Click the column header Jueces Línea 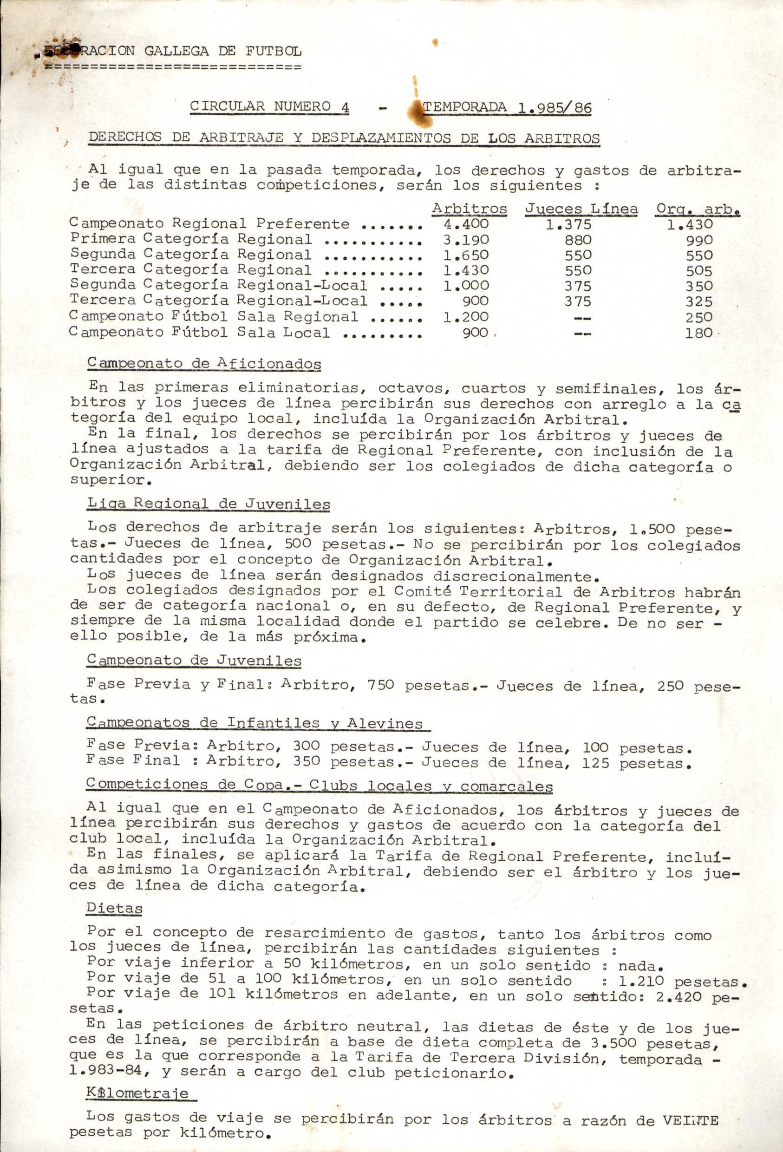[581, 209]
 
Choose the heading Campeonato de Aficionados [204, 363]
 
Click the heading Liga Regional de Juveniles [208, 504]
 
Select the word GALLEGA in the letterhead [177, 51]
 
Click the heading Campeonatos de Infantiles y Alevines [254, 723]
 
